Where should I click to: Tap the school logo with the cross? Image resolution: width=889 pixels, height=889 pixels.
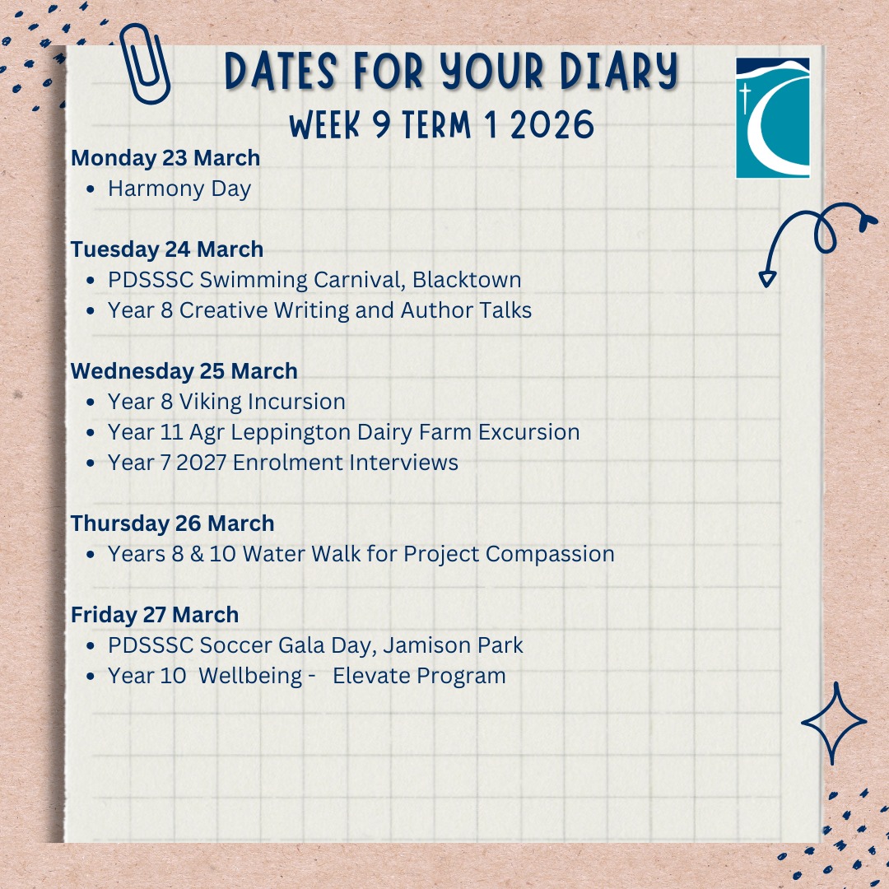772,118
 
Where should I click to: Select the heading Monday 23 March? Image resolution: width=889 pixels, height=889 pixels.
165,157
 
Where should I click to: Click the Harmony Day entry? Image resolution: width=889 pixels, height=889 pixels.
179,189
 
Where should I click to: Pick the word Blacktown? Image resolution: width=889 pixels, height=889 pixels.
467,280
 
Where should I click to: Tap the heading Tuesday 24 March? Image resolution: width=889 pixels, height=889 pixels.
167,249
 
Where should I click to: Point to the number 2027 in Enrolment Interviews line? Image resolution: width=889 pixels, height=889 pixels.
202,463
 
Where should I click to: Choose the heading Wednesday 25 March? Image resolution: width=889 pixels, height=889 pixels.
184,371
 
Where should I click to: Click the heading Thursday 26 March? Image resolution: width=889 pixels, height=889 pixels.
172,524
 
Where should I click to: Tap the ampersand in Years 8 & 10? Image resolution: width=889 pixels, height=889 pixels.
197,554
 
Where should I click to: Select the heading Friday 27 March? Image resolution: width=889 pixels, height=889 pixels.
155,615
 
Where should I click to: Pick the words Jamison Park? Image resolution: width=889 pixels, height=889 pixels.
453,645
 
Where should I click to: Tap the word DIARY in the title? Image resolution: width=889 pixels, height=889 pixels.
618,72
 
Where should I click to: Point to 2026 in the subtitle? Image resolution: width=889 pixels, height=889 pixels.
552,125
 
